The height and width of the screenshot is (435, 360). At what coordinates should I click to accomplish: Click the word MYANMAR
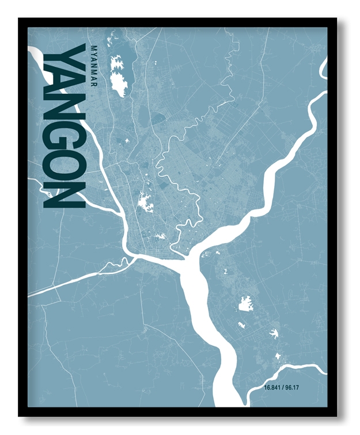click(94, 66)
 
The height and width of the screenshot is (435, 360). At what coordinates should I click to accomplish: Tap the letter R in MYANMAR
click(94, 84)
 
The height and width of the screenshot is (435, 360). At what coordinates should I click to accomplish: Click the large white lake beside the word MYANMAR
click(120, 71)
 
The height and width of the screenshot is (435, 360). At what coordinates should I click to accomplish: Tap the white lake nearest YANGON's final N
click(145, 201)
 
